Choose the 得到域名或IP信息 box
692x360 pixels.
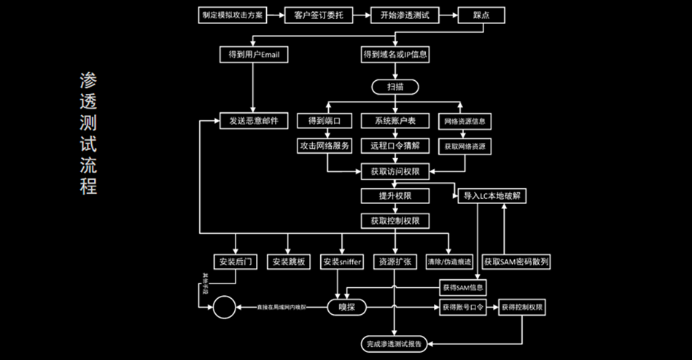pos(395,55)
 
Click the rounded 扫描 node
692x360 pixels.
pos(395,87)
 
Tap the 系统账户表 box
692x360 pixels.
pos(395,120)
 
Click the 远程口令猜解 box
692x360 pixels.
pos(395,146)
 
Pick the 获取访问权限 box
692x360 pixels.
pos(395,172)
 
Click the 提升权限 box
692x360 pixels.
pos(395,196)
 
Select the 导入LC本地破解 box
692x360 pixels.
pos(494,196)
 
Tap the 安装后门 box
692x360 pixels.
pos(234,262)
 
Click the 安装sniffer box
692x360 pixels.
pos(342,262)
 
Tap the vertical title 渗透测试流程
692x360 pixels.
pos(88,133)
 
